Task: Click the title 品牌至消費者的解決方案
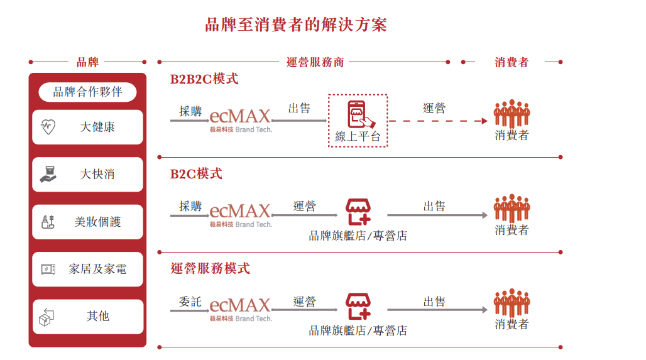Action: pyautogui.click(x=296, y=25)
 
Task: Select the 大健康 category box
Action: pyautogui.click(x=88, y=127)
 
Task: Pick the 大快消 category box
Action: pyautogui.click(x=88, y=174)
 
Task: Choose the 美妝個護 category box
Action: pyautogui.click(x=88, y=222)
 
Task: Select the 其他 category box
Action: pyautogui.click(x=88, y=317)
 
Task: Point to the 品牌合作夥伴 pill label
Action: pyautogui.click(x=87, y=92)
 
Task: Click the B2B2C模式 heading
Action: pyautogui.click(x=204, y=79)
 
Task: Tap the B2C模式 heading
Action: pyautogui.click(x=196, y=173)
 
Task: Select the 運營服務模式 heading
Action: pyautogui.click(x=210, y=268)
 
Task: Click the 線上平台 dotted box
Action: pyautogui.click(x=358, y=121)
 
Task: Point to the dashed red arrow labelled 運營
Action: pyautogui.click(x=437, y=121)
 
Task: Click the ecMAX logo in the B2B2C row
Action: pyautogui.click(x=240, y=118)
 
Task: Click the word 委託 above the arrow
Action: pyautogui.click(x=190, y=302)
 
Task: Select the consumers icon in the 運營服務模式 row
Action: pyautogui.click(x=512, y=303)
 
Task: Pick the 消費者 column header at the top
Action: pyautogui.click(x=512, y=62)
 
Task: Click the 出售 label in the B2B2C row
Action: pyautogui.click(x=299, y=108)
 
